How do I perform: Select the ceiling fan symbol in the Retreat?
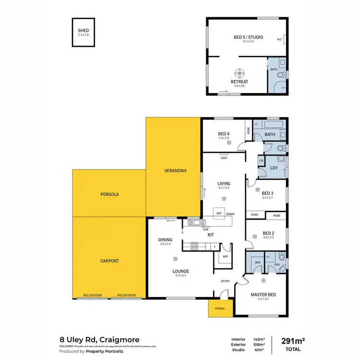pos(239,73)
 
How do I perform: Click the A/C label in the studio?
pos(279,40)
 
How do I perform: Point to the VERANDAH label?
pos(173,171)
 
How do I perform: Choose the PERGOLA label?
pos(109,195)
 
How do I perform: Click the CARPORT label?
pos(109,261)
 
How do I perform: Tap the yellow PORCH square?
pos(220,309)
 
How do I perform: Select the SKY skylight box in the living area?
pos(219,213)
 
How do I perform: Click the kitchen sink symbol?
pos(196,222)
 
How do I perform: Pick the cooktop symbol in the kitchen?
pos(195,246)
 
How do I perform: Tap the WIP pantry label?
pos(225,256)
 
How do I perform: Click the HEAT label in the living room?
pos(224,158)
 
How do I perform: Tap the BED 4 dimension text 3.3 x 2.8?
pos(224,138)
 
